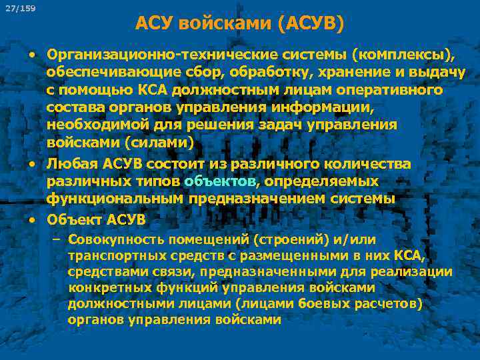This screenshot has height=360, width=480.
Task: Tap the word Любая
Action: [69, 164]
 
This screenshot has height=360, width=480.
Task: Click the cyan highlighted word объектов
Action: [219, 181]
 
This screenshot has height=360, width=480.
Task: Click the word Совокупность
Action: [113, 239]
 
